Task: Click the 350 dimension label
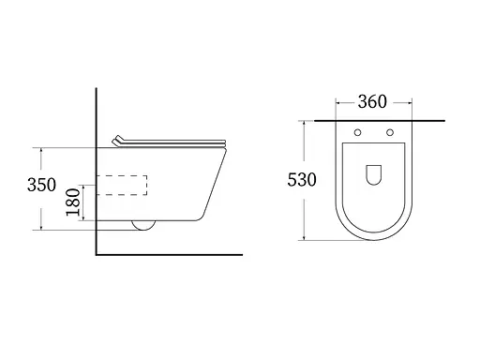click(41, 185)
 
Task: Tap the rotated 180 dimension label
click(73, 202)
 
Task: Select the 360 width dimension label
click(372, 101)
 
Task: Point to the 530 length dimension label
click(302, 180)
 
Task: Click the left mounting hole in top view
click(357, 132)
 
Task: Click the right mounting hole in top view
click(390, 132)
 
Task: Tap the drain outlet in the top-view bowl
click(374, 175)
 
